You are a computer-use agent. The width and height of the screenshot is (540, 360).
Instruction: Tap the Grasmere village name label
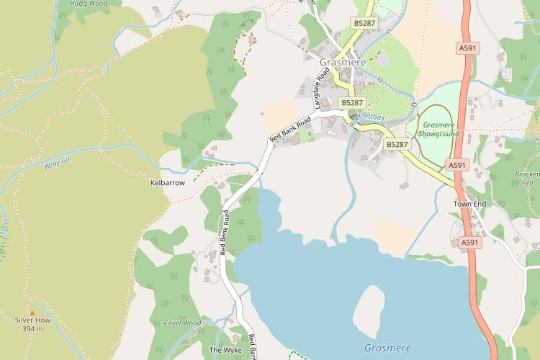click(343, 63)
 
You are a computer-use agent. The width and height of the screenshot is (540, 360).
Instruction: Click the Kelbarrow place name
click(167, 183)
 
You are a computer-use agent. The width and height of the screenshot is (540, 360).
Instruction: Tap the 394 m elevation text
click(31, 329)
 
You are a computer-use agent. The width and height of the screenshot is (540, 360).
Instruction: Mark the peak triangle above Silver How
click(31, 312)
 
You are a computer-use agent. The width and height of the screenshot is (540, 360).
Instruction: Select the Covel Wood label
click(181, 323)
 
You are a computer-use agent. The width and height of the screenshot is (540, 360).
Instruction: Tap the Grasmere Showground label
click(438, 129)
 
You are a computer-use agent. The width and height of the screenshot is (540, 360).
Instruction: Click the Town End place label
click(470, 204)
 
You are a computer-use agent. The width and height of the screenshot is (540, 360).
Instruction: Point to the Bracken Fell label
click(528, 179)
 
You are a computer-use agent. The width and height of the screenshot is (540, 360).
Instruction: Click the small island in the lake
click(368, 310)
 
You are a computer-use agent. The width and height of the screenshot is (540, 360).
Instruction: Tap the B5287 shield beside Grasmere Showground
click(397, 144)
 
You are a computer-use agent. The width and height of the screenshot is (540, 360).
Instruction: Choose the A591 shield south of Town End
click(470, 243)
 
